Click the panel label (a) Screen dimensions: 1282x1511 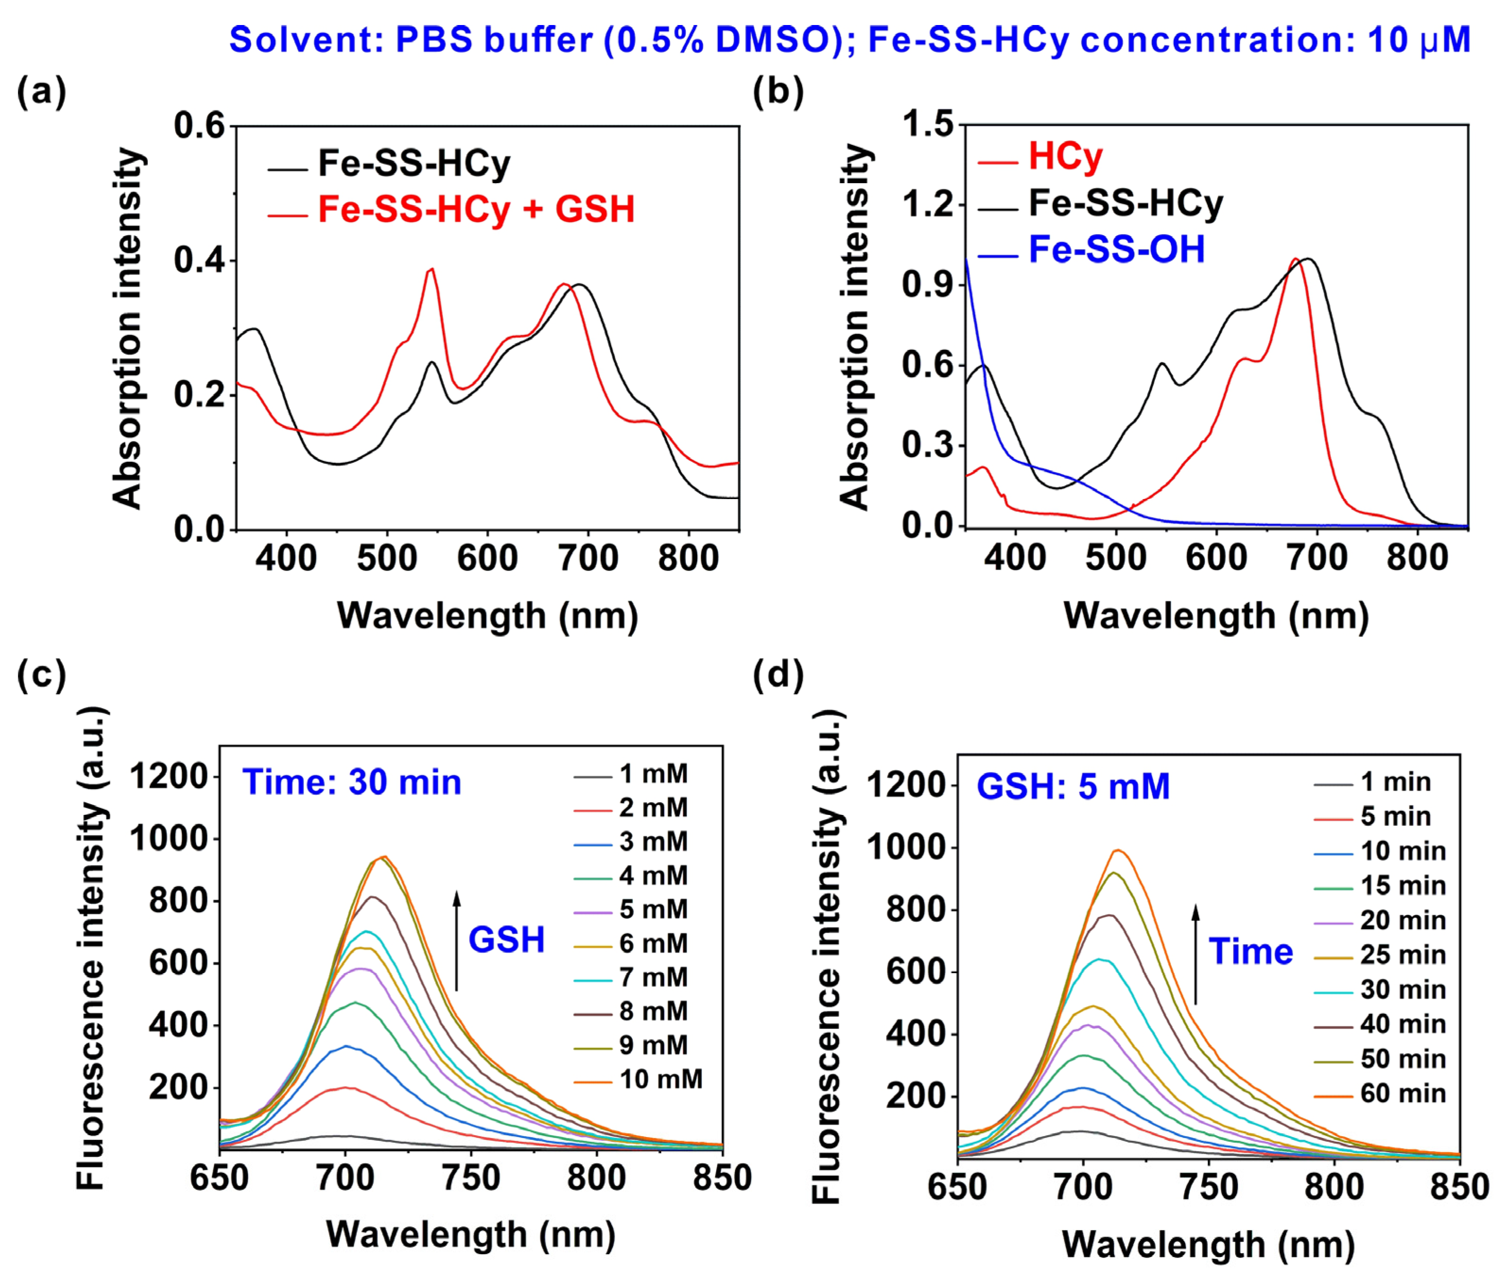pos(42,93)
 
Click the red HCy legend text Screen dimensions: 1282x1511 pos(1066,156)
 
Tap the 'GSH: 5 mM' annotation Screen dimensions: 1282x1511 pos(1073,786)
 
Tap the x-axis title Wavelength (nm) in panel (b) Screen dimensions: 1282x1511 pos(1216,616)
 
